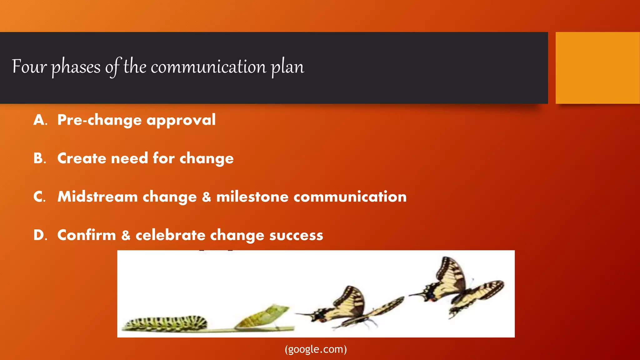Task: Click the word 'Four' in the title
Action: point(29,67)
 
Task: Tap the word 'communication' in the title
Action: point(208,67)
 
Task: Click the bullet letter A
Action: point(40,120)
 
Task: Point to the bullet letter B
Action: point(39,158)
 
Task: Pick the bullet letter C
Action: point(39,197)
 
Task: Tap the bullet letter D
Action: point(40,235)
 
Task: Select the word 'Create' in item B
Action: point(82,158)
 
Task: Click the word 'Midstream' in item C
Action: point(97,197)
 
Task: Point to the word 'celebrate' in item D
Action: point(170,235)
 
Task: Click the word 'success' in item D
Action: point(296,235)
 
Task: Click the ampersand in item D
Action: point(126,235)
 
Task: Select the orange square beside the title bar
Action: point(597,68)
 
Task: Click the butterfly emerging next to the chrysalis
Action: point(350,308)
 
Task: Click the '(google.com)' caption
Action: point(316,349)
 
